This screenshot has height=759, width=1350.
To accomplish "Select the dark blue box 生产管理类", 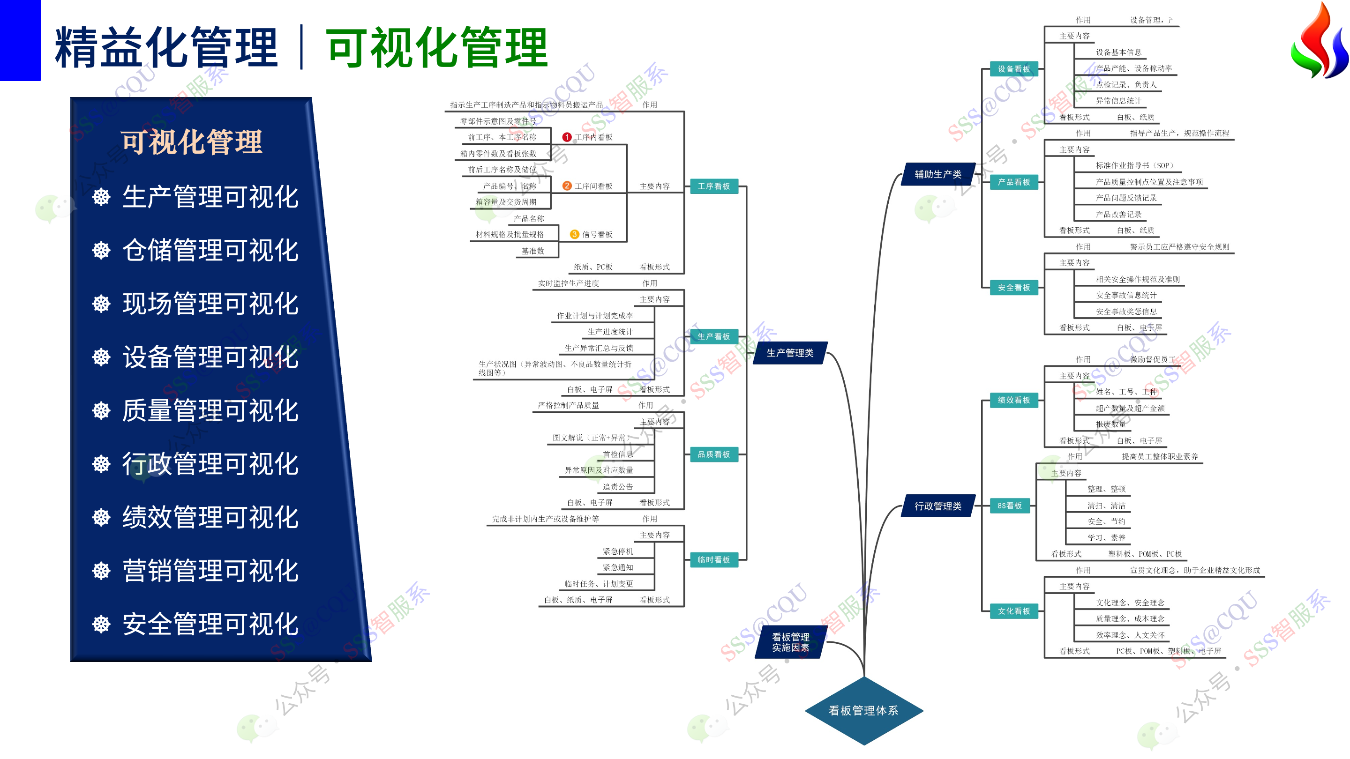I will point(790,353).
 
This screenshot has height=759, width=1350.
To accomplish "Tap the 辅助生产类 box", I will point(937,174).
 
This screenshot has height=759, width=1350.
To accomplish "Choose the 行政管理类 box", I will point(937,506).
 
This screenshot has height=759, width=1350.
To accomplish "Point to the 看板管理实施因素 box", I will point(790,642).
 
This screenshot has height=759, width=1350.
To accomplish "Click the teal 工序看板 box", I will point(713,186).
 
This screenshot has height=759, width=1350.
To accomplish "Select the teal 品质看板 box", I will point(713,454).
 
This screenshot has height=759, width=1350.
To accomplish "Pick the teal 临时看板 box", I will point(713,560).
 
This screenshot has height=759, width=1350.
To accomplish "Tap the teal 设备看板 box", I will point(1013,69).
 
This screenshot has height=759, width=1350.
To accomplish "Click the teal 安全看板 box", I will point(1013,288).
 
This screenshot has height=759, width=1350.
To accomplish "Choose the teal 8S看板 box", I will point(1009,506).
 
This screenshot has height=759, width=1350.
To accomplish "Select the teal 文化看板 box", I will point(1013,611).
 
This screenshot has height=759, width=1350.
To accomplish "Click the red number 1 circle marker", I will point(567,137).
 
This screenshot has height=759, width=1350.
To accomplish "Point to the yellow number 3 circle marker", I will point(574,235).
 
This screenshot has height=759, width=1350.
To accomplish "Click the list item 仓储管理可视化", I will point(210,250).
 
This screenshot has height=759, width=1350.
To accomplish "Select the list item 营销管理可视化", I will point(210,571).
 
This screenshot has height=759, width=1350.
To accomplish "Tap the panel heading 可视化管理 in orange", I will point(191,142).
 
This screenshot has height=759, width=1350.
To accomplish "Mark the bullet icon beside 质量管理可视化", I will point(101,411).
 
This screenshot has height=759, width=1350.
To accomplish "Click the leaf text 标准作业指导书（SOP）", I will point(1134,165).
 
